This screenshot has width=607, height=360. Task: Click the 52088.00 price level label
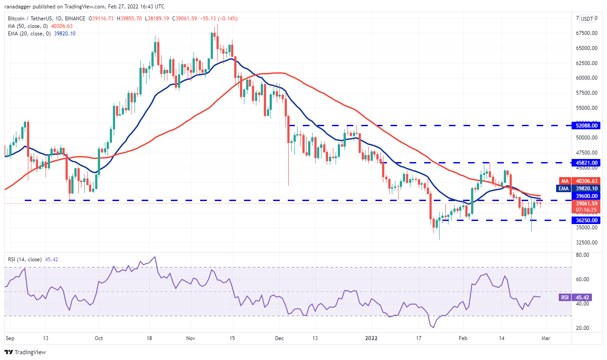(587, 126)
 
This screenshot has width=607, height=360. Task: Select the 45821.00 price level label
(587, 163)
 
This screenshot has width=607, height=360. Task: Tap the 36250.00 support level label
(587, 220)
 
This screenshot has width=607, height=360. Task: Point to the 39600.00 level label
(587, 196)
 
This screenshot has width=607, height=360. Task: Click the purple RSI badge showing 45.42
(564, 298)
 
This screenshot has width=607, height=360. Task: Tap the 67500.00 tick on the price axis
(587, 33)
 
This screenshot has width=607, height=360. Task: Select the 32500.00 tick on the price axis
(587, 243)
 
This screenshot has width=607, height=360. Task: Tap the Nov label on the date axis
(191, 337)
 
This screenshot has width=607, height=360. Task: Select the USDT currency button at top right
(587, 19)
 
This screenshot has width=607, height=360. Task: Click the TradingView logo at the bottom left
(25, 352)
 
